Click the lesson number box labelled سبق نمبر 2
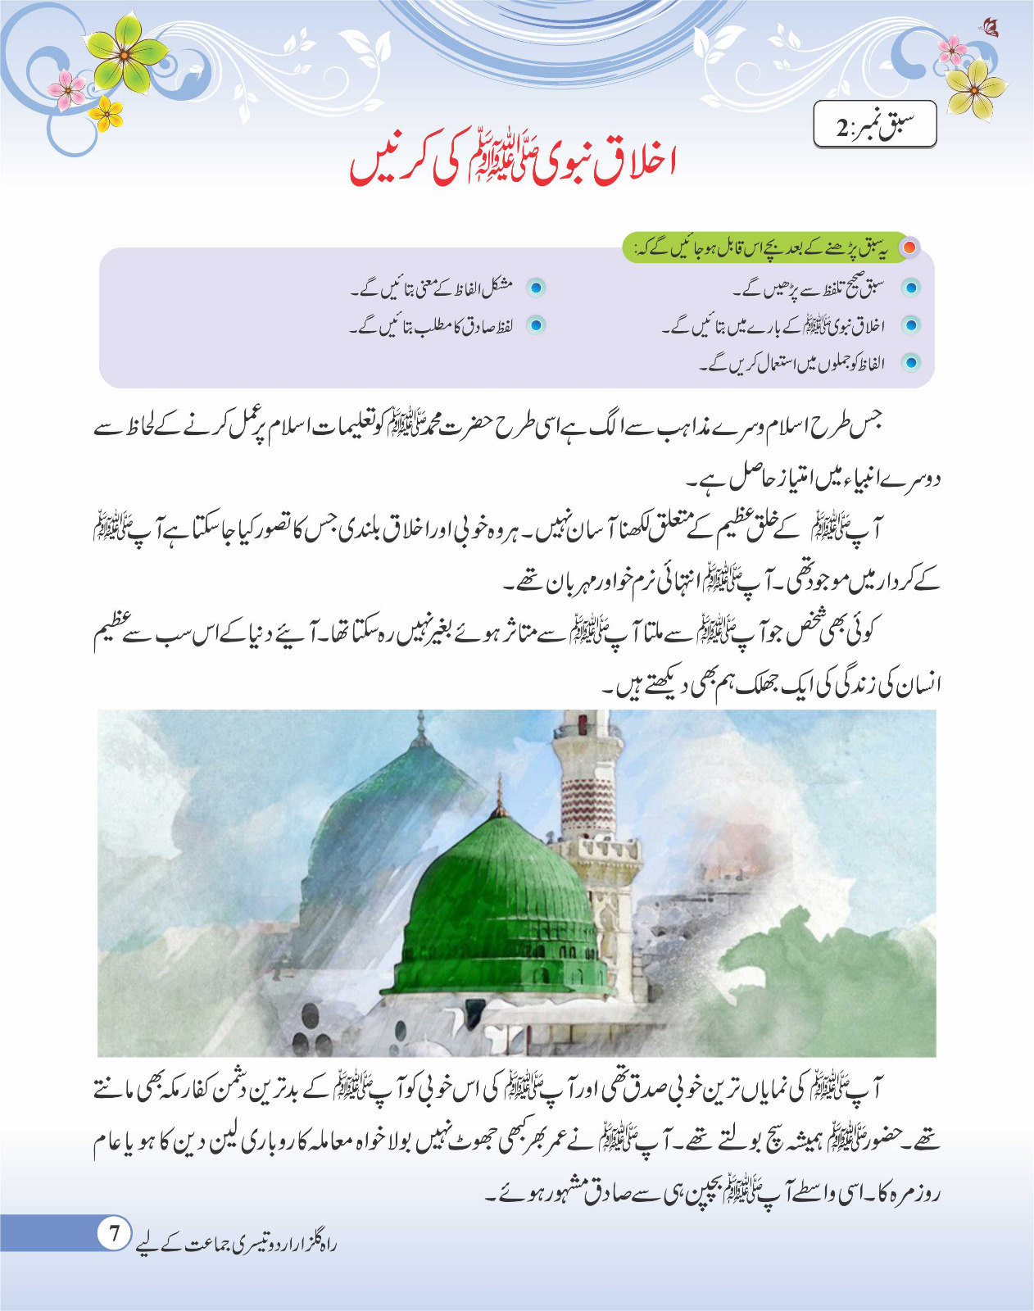(874, 125)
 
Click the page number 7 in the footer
(115, 1233)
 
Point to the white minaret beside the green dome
(587, 811)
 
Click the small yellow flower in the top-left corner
(106, 112)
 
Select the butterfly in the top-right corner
(990, 28)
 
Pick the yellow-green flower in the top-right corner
(976, 87)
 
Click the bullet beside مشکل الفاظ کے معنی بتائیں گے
(536, 288)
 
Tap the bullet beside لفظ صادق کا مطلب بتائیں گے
(536, 325)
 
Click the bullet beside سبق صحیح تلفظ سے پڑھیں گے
(910, 288)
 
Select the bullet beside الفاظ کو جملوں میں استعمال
(910, 362)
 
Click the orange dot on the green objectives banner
(909, 247)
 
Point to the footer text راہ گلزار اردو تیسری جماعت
(238, 1244)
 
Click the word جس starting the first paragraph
(864, 426)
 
